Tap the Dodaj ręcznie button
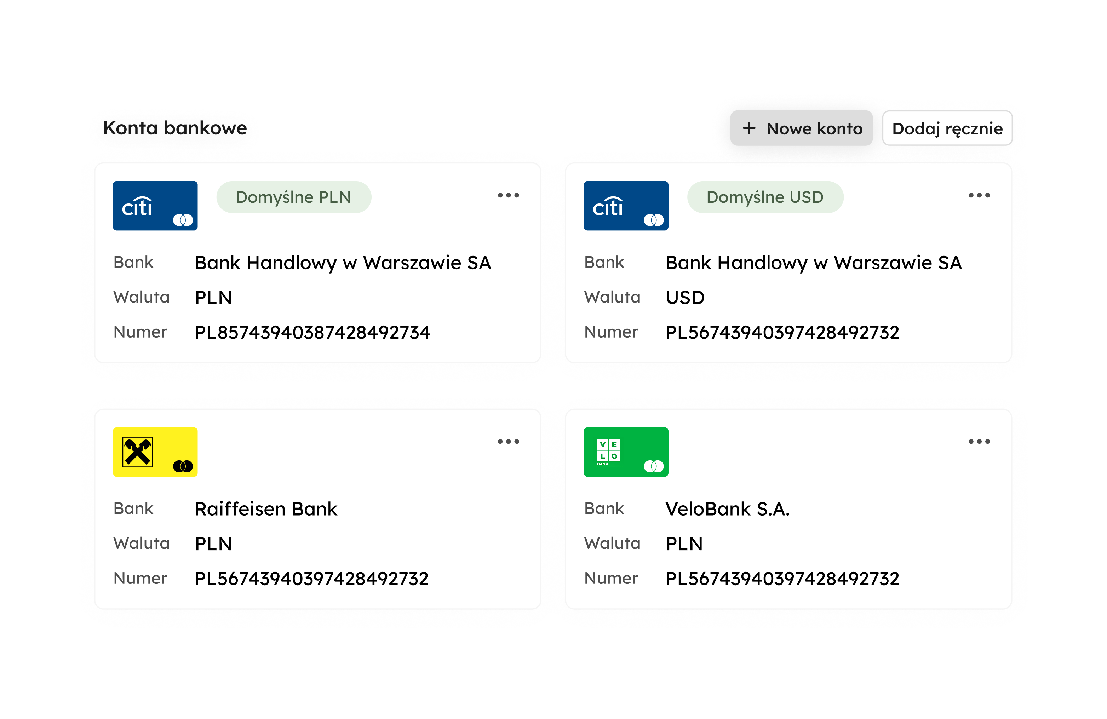pyautogui.click(x=947, y=128)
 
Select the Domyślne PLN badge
pyautogui.click(x=293, y=197)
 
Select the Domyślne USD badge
pyautogui.click(x=765, y=197)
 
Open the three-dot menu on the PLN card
pyautogui.click(x=509, y=195)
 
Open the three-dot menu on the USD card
pyautogui.click(x=979, y=195)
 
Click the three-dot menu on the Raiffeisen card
pyautogui.click(x=509, y=441)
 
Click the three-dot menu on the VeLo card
pyautogui.click(x=979, y=441)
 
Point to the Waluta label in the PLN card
pyautogui.click(x=142, y=297)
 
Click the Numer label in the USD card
pyautogui.click(x=611, y=332)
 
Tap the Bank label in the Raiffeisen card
pyautogui.click(x=133, y=508)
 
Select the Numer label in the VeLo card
pyautogui.click(x=611, y=578)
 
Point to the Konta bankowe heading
pyautogui.click(x=174, y=128)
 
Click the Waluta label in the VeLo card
pyautogui.click(x=612, y=543)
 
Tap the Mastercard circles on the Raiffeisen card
pyautogui.click(x=183, y=466)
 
